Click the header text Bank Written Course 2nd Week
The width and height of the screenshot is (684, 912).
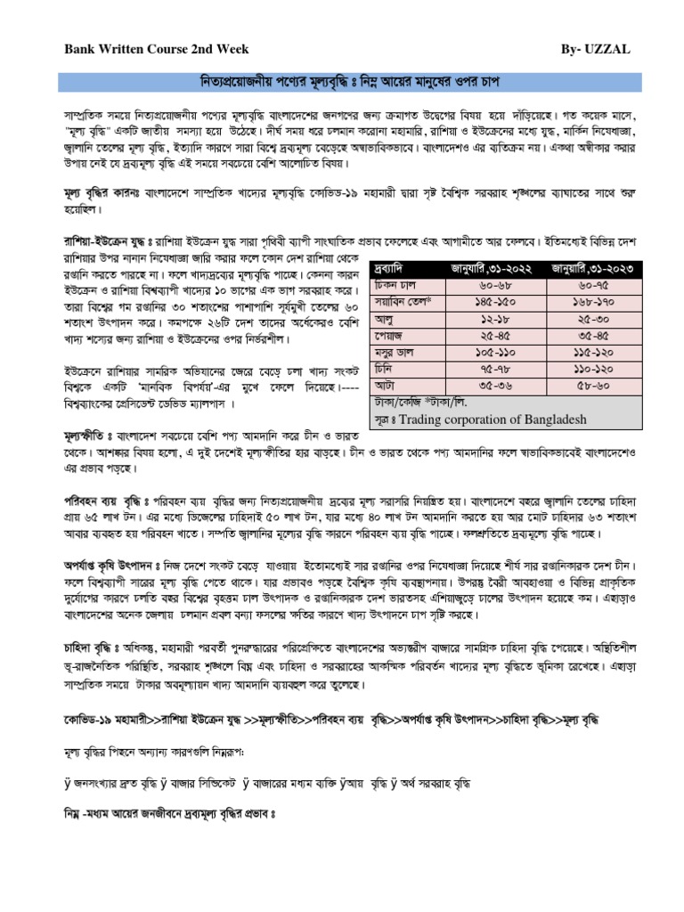[157, 50]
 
